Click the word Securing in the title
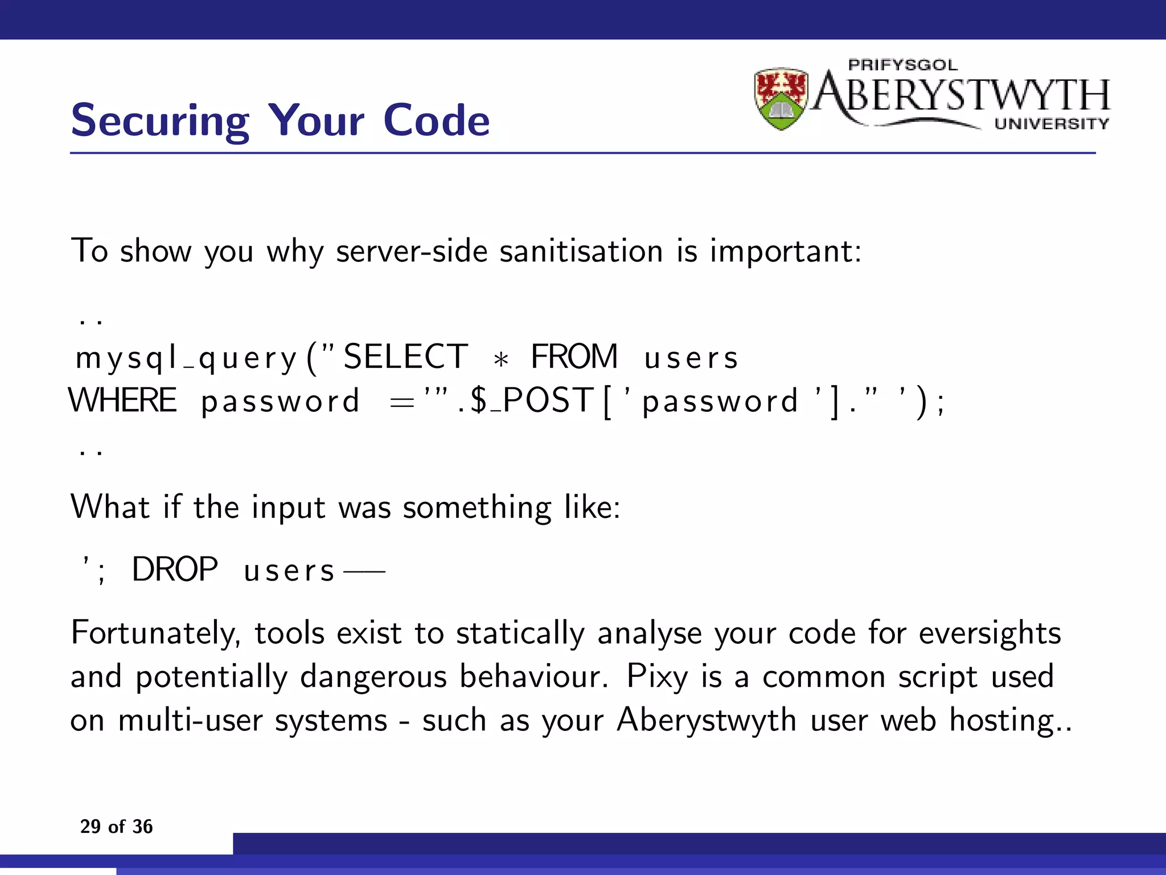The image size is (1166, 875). (x=160, y=121)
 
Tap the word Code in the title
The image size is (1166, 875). (x=436, y=121)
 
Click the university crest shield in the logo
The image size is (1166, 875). (x=781, y=99)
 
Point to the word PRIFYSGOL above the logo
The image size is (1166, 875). (x=903, y=65)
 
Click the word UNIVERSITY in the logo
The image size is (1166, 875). (x=1052, y=124)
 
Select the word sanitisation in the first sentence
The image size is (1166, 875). (x=581, y=251)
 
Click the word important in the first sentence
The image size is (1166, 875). (x=786, y=251)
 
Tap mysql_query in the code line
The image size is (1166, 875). (x=186, y=358)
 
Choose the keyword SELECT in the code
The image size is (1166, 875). (x=405, y=357)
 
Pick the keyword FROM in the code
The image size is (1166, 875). (x=574, y=357)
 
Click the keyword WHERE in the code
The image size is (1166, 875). (x=122, y=400)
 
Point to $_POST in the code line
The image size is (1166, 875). (x=532, y=400)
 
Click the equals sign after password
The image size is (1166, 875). (x=401, y=403)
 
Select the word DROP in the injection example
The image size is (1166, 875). (x=175, y=569)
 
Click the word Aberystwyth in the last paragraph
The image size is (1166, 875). (x=707, y=721)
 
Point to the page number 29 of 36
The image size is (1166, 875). (x=116, y=827)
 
